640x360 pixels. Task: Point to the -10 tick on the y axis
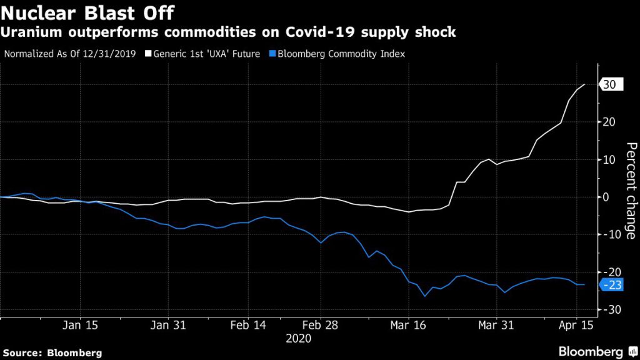(609, 234)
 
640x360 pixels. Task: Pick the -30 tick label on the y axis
(609, 310)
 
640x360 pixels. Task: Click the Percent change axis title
(631, 191)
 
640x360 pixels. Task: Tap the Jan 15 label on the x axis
(81, 326)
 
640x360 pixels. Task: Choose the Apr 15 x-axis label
(576, 326)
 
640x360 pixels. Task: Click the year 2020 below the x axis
(298, 338)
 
